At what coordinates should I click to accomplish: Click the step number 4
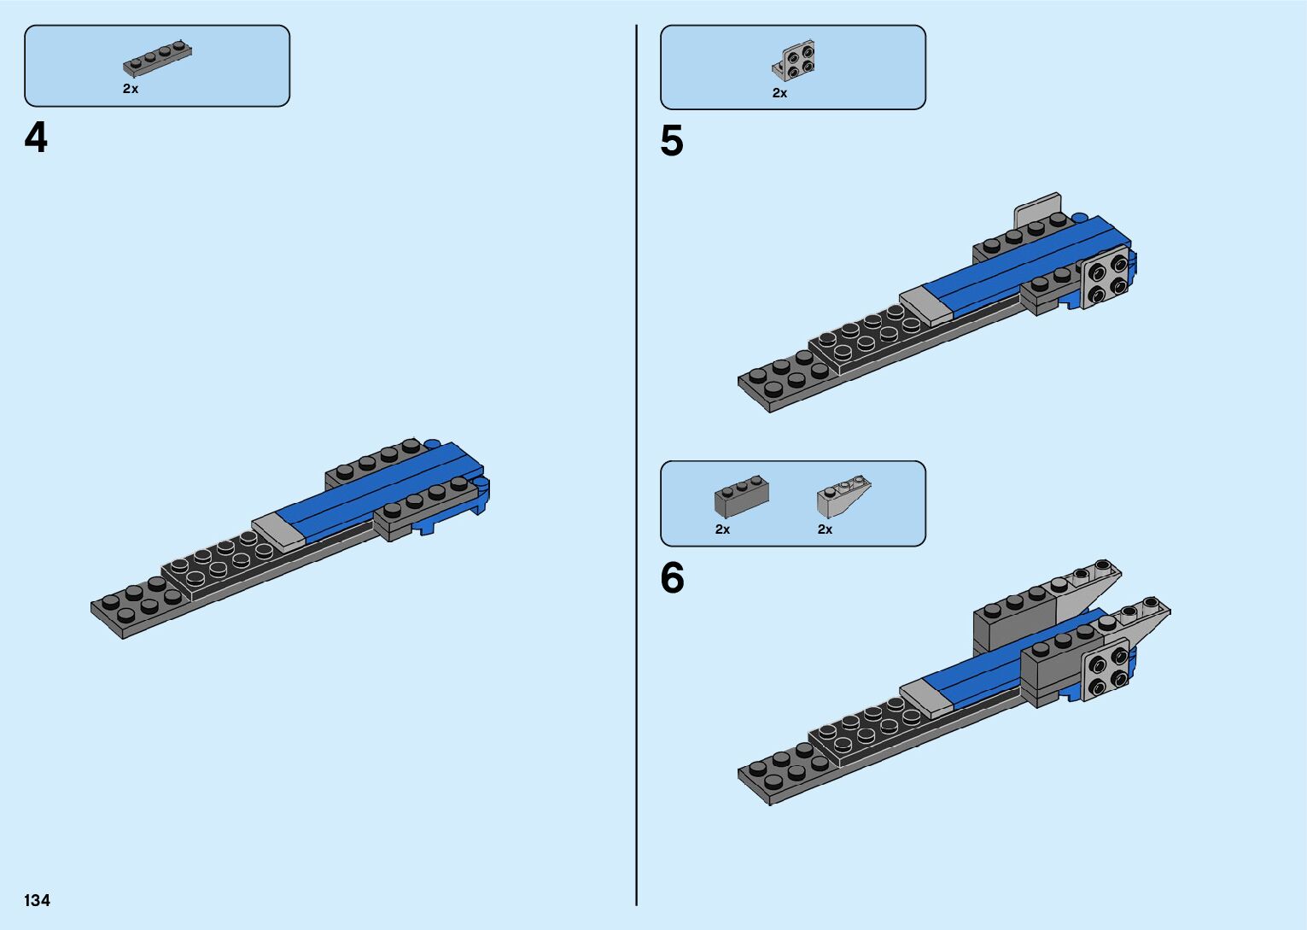tap(36, 138)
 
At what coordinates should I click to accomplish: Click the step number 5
tap(672, 142)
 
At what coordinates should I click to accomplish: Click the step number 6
tap(672, 579)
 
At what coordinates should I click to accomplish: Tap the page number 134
tap(38, 900)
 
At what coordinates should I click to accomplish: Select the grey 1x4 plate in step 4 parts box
tap(157, 57)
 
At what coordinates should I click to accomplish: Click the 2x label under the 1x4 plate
tap(131, 89)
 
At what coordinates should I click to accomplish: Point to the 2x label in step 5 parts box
tap(779, 93)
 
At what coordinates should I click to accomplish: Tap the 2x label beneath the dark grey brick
tap(722, 529)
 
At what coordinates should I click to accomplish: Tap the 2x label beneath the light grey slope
tap(825, 529)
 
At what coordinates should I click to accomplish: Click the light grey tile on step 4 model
tap(279, 530)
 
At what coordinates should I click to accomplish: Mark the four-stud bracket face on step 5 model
tap(1106, 278)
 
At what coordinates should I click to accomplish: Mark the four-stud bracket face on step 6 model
tap(1106, 670)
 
